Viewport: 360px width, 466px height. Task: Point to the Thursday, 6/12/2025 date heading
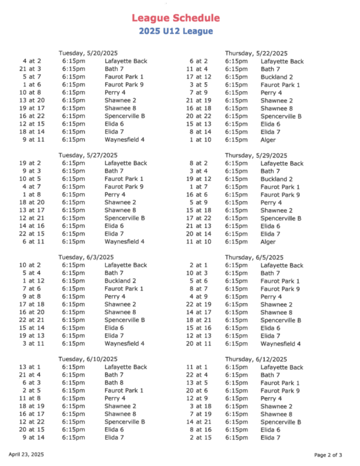(256, 359)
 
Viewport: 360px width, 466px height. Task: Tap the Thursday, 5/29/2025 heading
(256, 155)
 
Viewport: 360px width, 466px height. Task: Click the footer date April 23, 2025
(26, 454)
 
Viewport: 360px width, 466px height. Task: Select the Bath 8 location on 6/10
(114, 383)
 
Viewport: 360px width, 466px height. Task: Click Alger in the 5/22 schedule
(268, 140)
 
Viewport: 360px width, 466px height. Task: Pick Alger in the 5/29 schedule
(268, 242)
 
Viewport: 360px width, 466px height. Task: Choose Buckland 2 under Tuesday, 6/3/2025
(120, 281)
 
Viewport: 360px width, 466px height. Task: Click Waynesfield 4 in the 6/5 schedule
(281, 344)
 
